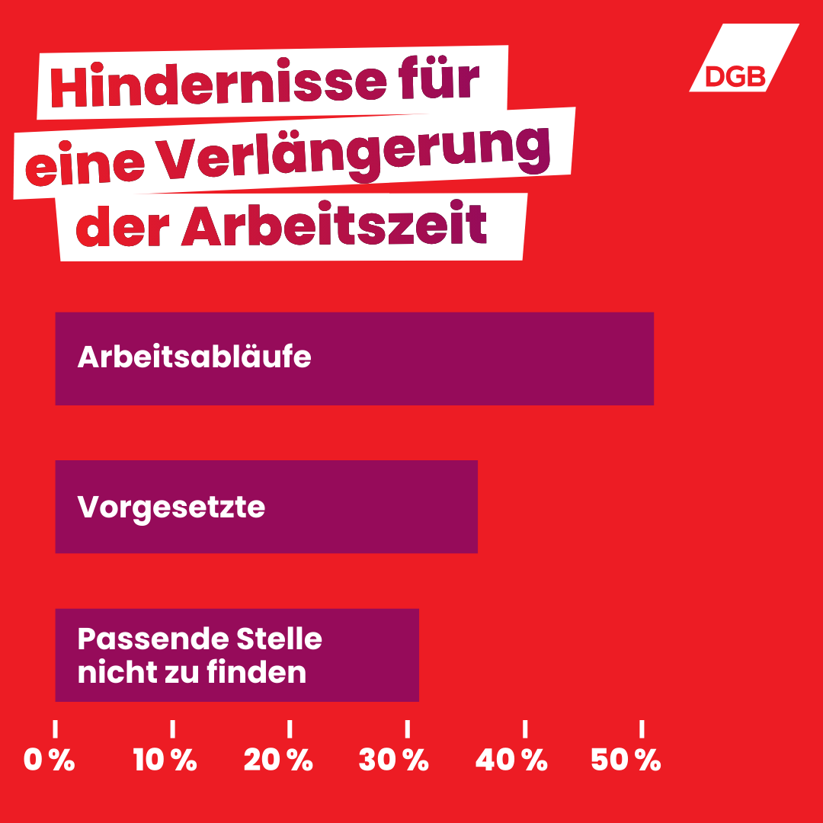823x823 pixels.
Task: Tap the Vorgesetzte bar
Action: tap(366, 507)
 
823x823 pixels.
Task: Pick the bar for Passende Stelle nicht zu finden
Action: tap(366, 655)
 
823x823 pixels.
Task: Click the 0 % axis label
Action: tap(50, 760)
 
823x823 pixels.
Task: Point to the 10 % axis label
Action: tap(165, 760)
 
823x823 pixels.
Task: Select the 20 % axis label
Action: tap(279, 760)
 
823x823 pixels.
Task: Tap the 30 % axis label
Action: tap(394, 760)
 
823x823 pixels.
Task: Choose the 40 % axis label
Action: tap(511, 760)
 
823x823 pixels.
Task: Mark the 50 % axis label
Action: tap(626, 760)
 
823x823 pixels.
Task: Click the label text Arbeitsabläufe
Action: tap(194, 357)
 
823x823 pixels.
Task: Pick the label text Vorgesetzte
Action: tap(171, 507)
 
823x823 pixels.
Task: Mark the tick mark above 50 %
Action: tap(642, 729)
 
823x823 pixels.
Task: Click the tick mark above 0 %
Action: tap(56, 729)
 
